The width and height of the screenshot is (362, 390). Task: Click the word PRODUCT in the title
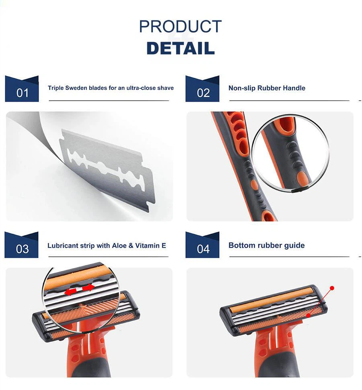pyautogui.click(x=180, y=27)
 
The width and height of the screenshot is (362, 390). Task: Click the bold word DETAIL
pyautogui.click(x=181, y=48)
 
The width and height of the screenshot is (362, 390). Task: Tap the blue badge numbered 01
pyautogui.click(x=22, y=89)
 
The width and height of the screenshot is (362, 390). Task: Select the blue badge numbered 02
pyautogui.click(x=202, y=89)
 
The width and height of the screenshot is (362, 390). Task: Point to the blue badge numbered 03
pyautogui.click(x=21, y=245)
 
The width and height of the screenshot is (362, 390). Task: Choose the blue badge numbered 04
pyautogui.click(x=202, y=245)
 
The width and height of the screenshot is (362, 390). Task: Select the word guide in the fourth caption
pyautogui.click(x=296, y=246)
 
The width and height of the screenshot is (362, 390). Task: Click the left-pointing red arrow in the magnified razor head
pyautogui.click(x=70, y=291)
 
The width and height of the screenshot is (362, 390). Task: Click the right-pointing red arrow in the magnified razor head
pyautogui.click(x=88, y=288)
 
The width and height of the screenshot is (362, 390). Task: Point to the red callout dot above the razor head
pyautogui.click(x=332, y=288)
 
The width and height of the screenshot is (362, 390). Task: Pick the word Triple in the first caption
pyautogui.click(x=56, y=88)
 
